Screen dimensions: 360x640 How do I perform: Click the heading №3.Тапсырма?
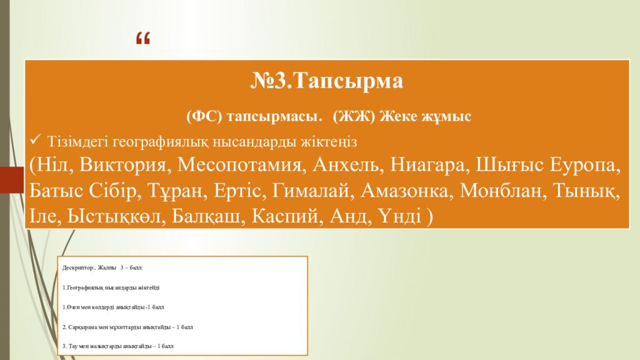coord(327,81)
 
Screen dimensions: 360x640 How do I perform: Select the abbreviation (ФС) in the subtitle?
coord(204,116)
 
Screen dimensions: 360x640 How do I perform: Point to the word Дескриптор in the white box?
coord(78,267)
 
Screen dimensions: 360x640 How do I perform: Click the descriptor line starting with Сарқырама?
coord(128,326)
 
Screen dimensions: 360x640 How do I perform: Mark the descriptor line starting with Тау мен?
coord(118,346)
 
